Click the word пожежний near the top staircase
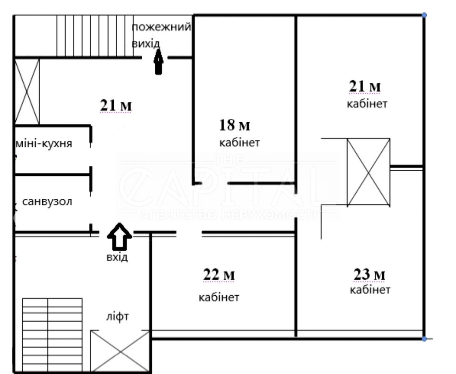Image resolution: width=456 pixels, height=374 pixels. coord(161,27)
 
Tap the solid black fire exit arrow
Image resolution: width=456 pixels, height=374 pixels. coord(159,62)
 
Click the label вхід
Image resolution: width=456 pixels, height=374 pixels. coord(117,257)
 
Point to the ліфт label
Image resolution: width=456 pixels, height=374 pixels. coord(117,317)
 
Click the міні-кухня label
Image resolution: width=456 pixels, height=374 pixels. coord(44,143)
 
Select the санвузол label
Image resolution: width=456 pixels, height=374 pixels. coord(47,202)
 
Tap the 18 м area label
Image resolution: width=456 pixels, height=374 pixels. coord(235,125)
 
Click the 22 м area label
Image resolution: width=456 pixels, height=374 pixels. coord(219,275)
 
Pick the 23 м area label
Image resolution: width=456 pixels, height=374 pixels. coord(369,274)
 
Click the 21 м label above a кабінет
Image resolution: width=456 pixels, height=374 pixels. coord(365,86)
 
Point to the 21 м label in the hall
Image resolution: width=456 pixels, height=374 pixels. coord(116,105)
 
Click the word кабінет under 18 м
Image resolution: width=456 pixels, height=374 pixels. coord(240,143)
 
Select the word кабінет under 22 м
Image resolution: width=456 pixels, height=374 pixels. coord(219,297)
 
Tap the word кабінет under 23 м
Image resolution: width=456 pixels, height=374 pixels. coord(370,289)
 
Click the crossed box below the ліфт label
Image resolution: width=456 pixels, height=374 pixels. coord(120,352)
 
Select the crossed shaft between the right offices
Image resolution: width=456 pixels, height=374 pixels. coord(368,172)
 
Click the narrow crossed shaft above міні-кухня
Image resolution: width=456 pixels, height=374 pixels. coord(27,92)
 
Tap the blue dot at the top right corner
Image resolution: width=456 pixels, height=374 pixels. coord(424,15)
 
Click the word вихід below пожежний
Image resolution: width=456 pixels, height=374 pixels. coord(146,44)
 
